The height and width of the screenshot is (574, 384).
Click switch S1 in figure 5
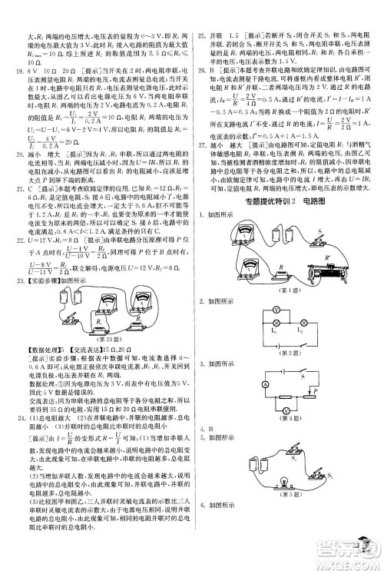(300, 463)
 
